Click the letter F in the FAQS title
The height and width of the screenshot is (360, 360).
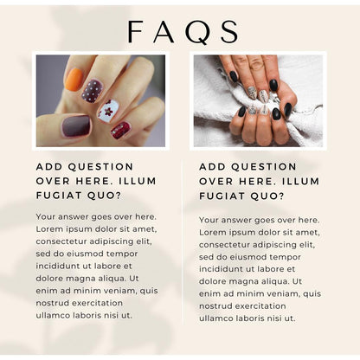(x=137, y=32)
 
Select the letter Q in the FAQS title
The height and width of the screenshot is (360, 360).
(x=196, y=32)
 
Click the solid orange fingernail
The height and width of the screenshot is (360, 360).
(x=74, y=79)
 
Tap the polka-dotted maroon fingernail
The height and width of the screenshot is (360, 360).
(x=93, y=91)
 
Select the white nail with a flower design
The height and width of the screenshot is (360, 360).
(x=108, y=111)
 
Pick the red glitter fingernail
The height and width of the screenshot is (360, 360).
(x=120, y=130)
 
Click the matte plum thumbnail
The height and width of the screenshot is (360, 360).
(x=76, y=126)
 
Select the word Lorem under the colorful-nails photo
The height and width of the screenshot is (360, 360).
(x=52, y=228)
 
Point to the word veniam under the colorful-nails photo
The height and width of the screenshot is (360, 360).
(x=121, y=291)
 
